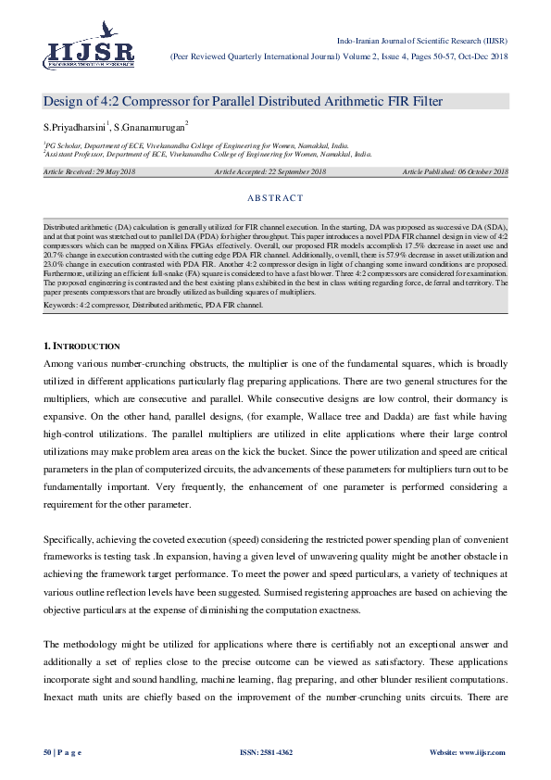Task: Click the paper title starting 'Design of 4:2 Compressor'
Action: click(x=243, y=101)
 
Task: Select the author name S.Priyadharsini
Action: click(x=75, y=126)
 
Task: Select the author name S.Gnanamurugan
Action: click(x=149, y=126)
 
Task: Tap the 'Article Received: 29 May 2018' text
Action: click(x=89, y=172)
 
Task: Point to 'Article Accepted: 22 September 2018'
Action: click(x=270, y=172)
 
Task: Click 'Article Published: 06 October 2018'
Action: click(x=455, y=172)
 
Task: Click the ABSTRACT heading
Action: click(x=275, y=198)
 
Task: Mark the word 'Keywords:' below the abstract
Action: click(x=61, y=303)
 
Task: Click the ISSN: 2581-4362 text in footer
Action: click(x=267, y=752)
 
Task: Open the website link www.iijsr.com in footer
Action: click(x=482, y=752)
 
